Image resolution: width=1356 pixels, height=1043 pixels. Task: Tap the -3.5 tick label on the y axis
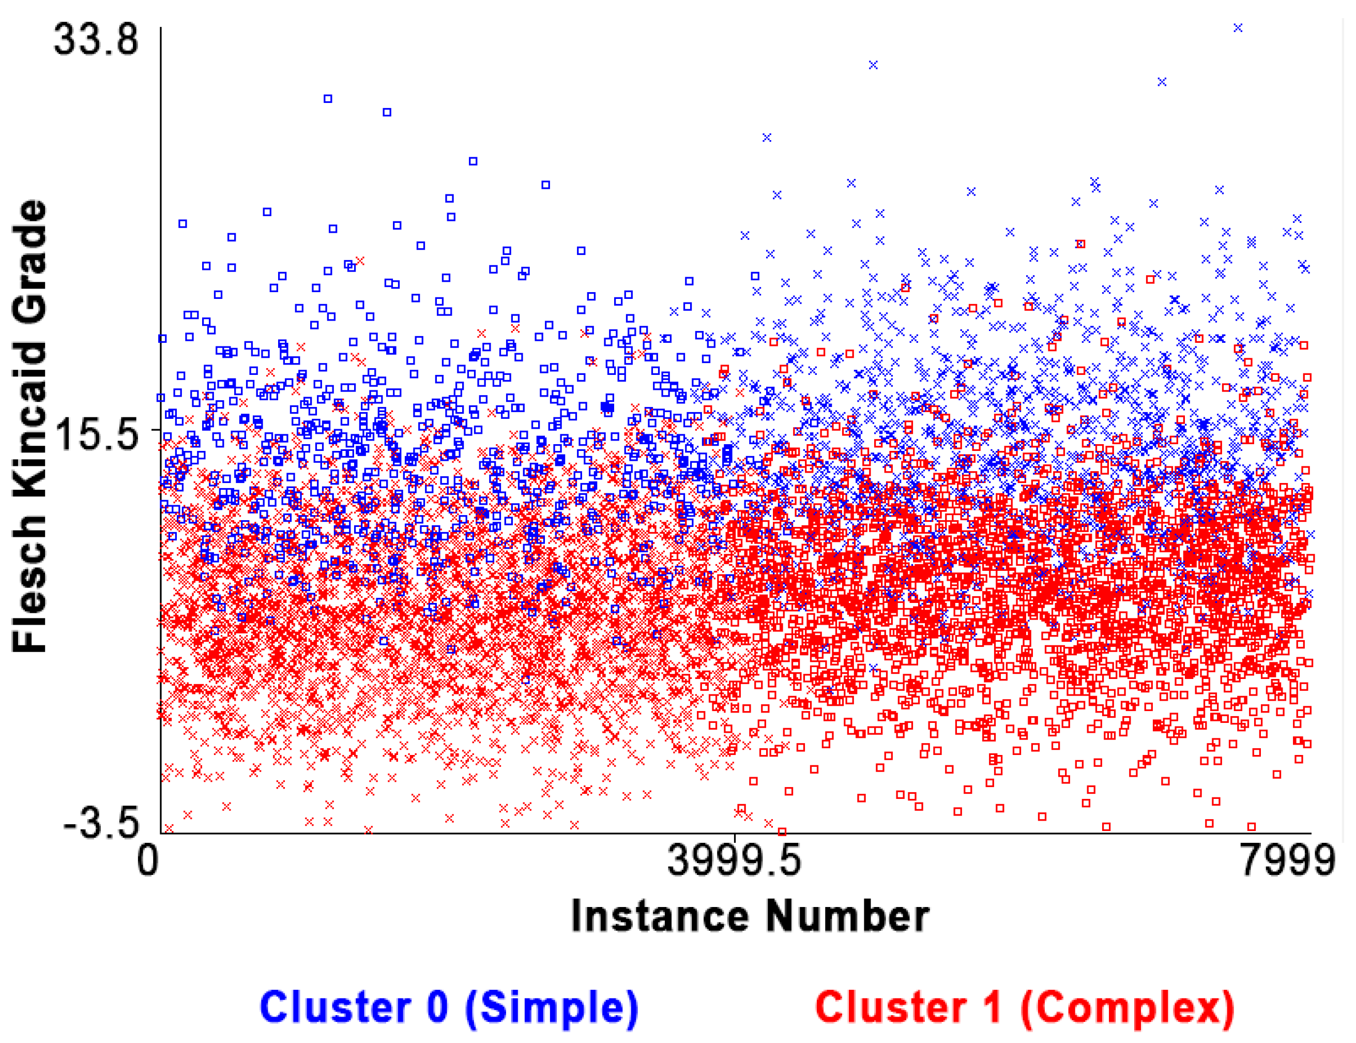[101, 824]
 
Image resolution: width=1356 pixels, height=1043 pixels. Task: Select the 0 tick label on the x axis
[148, 861]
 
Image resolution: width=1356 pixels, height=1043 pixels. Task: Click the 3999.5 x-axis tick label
[734, 861]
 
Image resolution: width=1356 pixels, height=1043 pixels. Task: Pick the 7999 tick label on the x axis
[1287, 861]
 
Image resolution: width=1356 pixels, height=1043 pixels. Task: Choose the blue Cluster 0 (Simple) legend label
[449, 1007]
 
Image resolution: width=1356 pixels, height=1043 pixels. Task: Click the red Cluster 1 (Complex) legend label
[1025, 1007]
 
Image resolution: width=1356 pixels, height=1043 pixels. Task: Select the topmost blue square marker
[328, 99]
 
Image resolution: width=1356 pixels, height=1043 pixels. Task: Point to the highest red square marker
[1080, 244]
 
